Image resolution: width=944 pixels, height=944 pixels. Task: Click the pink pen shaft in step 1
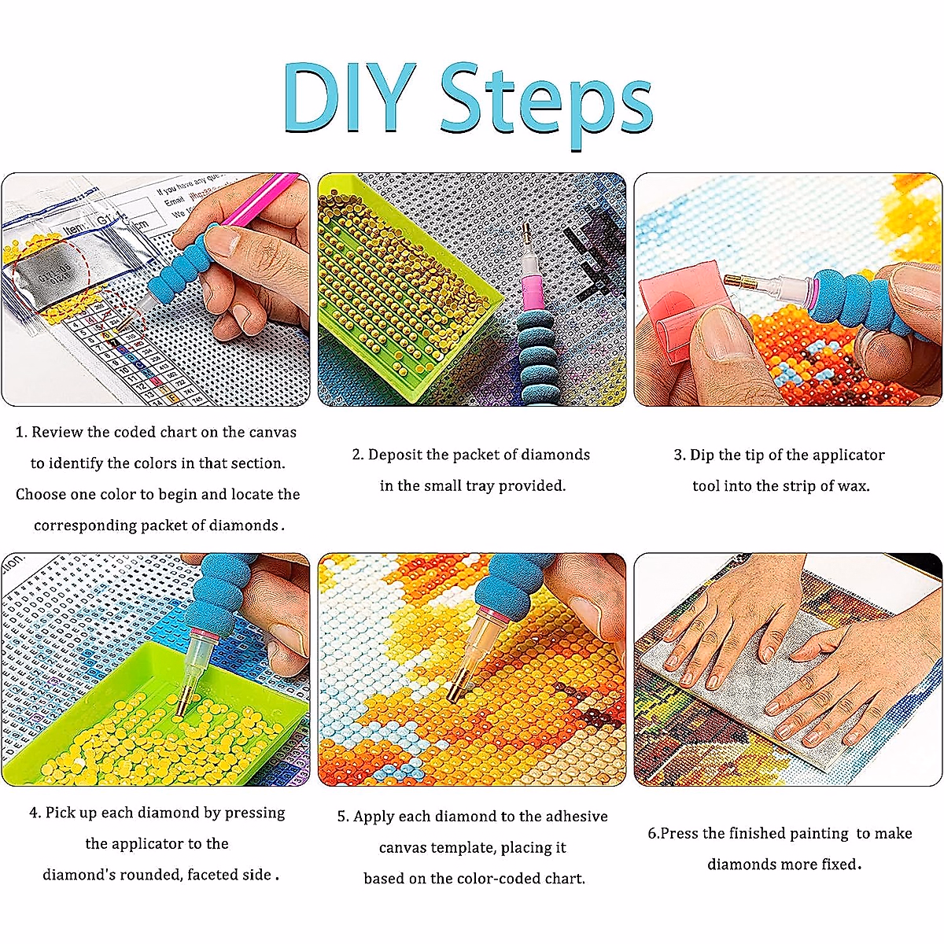point(260,206)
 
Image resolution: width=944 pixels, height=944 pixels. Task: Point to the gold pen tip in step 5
point(455,693)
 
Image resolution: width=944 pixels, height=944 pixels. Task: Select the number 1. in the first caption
point(21,432)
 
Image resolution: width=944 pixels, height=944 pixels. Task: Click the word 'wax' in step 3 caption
point(853,486)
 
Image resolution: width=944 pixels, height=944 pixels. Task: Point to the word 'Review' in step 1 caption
point(57,432)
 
